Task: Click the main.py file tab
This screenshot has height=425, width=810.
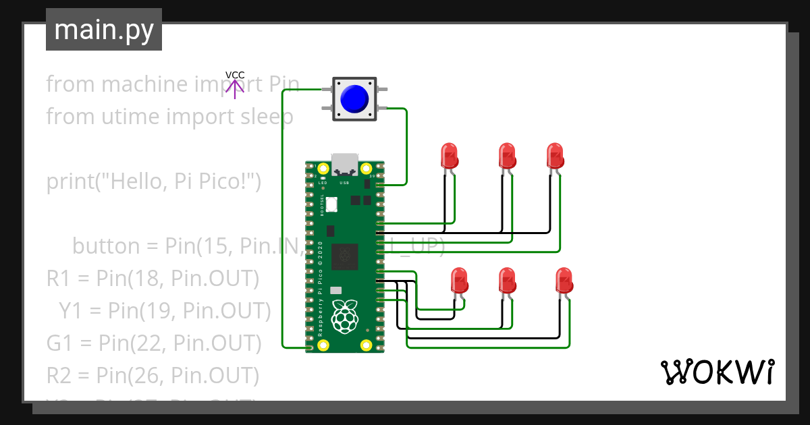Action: [x=103, y=30]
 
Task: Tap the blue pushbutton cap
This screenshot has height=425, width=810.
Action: [x=354, y=99]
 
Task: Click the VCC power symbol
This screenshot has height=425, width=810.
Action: [x=235, y=85]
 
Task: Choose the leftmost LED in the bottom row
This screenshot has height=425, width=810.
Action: [x=459, y=279]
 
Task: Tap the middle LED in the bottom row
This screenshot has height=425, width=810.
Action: [x=507, y=279]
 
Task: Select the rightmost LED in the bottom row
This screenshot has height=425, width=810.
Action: [x=564, y=279]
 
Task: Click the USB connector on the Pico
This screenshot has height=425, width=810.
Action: [x=344, y=163]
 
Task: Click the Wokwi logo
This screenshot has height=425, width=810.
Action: [x=717, y=372]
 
